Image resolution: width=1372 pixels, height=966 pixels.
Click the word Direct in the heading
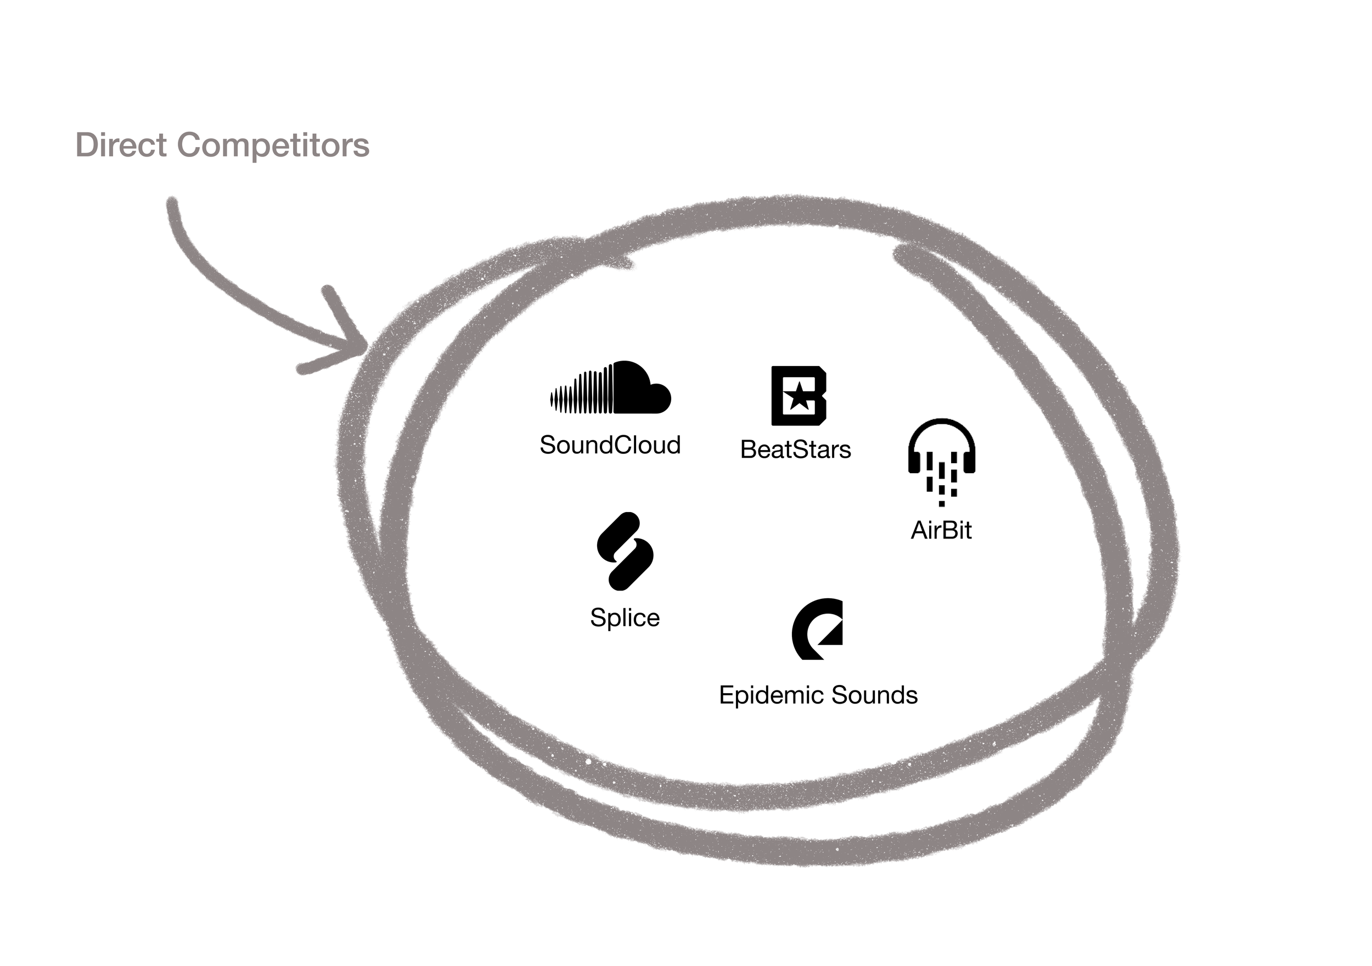(121, 145)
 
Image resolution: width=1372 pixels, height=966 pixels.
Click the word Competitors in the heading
(273, 145)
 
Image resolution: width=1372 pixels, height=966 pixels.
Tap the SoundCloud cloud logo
(611, 388)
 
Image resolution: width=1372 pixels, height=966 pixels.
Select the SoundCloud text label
(610, 445)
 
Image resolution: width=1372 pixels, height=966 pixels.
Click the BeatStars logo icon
(799, 396)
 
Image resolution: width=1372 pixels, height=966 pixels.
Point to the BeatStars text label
(795, 450)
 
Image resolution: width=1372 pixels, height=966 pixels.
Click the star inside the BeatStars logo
(799, 397)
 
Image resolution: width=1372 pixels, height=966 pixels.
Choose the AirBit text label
(941, 530)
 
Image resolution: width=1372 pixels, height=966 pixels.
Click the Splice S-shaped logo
(625, 551)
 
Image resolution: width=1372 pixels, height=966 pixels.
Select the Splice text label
(625, 617)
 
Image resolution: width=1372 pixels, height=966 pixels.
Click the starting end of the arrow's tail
(172, 203)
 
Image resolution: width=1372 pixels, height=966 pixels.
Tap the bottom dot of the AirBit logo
(942, 504)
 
